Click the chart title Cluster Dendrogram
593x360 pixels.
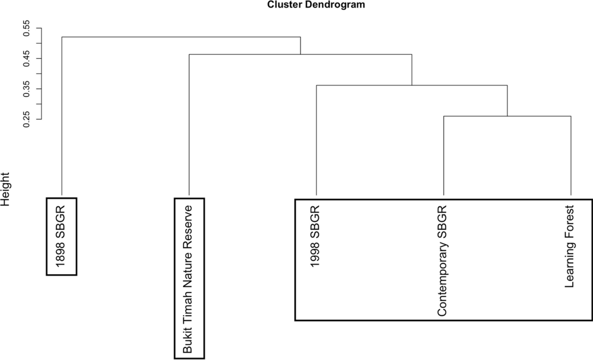tap(316, 5)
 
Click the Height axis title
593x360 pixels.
tap(5, 189)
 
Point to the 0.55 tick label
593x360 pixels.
tap(27, 28)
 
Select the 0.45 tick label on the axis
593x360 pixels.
tap(27, 59)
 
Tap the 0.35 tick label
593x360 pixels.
tap(27, 89)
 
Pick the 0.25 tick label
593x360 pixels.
tap(27, 119)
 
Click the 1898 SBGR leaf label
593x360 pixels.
tap(61, 236)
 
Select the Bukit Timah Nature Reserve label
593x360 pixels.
tap(189, 278)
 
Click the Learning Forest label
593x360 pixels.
tap(569, 246)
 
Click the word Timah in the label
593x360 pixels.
tap(189, 309)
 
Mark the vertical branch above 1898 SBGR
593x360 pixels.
tap(62, 117)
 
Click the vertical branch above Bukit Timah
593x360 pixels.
tap(189, 126)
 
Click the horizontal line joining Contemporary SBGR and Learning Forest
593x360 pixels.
tap(507, 116)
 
